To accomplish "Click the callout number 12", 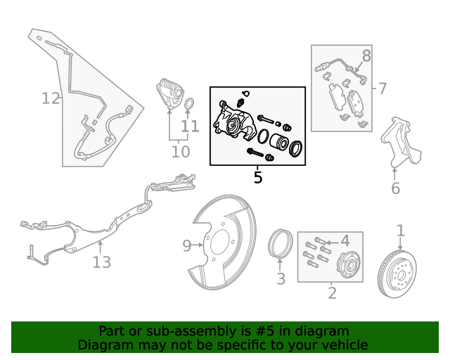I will pyautogui.click(x=51, y=98).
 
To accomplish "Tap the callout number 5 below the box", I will pyautogui.click(x=258, y=178).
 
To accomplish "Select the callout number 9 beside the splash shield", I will pyautogui.click(x=187, y=245).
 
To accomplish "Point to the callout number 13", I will pyautogui.click(x=102, y=262).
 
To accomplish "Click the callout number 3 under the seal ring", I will pyautogui.click(x=281, y=279).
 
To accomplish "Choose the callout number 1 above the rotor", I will pyautogui.click(x=401, y=231).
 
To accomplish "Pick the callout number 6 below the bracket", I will pyautogui.click(x=395, y=188).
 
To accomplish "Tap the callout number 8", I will pyautogui.click(x=366, y=56).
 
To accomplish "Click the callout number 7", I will pyautogui.click(x=382, y=89).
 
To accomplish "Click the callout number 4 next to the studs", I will pyautogui.click(x=345, y=241).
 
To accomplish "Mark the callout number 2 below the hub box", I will pyautogui.click(x=332, y=292).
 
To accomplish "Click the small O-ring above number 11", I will pyautogui.click(x=189, y=106).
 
